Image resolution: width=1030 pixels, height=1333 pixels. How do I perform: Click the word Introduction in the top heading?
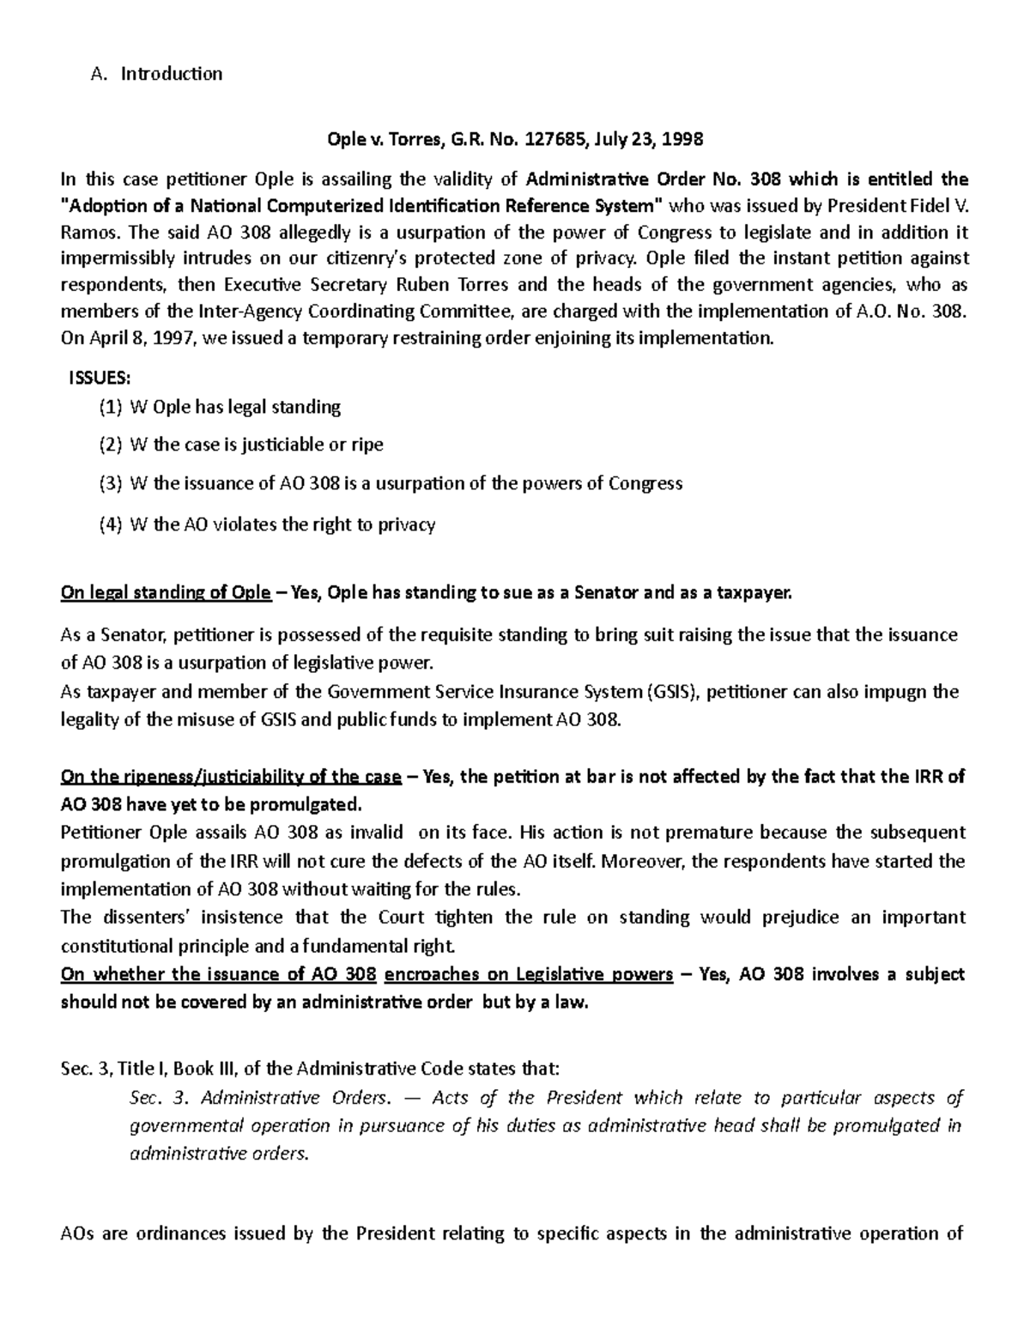tap(171, 74)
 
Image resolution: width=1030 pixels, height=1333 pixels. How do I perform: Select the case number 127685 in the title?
tap(564, 139)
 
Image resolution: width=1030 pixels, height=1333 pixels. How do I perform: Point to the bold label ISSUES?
tap(100, 379)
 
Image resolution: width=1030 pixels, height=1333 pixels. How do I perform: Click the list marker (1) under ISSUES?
tap(111, 407)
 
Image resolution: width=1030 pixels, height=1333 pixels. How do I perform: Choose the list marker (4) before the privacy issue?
tap(111, 524)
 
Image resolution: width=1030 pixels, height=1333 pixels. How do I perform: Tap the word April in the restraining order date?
tap(110, 338)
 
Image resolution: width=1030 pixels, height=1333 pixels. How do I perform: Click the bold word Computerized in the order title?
tap(334, 205)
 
